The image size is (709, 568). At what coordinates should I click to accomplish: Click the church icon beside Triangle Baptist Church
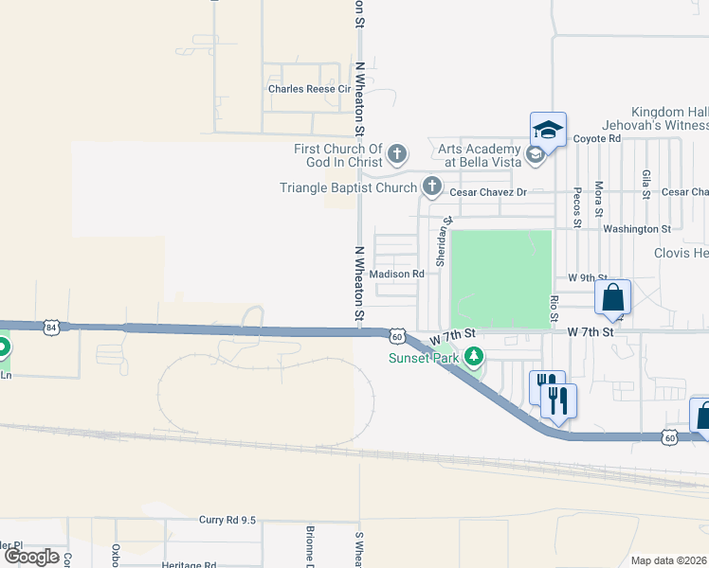(x=432, y=186)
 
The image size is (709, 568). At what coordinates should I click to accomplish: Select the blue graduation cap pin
(x=548, y=129)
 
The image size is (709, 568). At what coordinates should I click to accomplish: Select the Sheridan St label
(x=441, y=242)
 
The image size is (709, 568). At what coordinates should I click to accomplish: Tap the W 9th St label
(x=587, y=277)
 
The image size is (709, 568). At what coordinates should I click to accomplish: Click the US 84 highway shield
(x=51, y=327)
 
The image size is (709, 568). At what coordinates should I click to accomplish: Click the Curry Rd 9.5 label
(x=227, y=520)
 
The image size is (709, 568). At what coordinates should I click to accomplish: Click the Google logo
(x=31, y=557)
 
